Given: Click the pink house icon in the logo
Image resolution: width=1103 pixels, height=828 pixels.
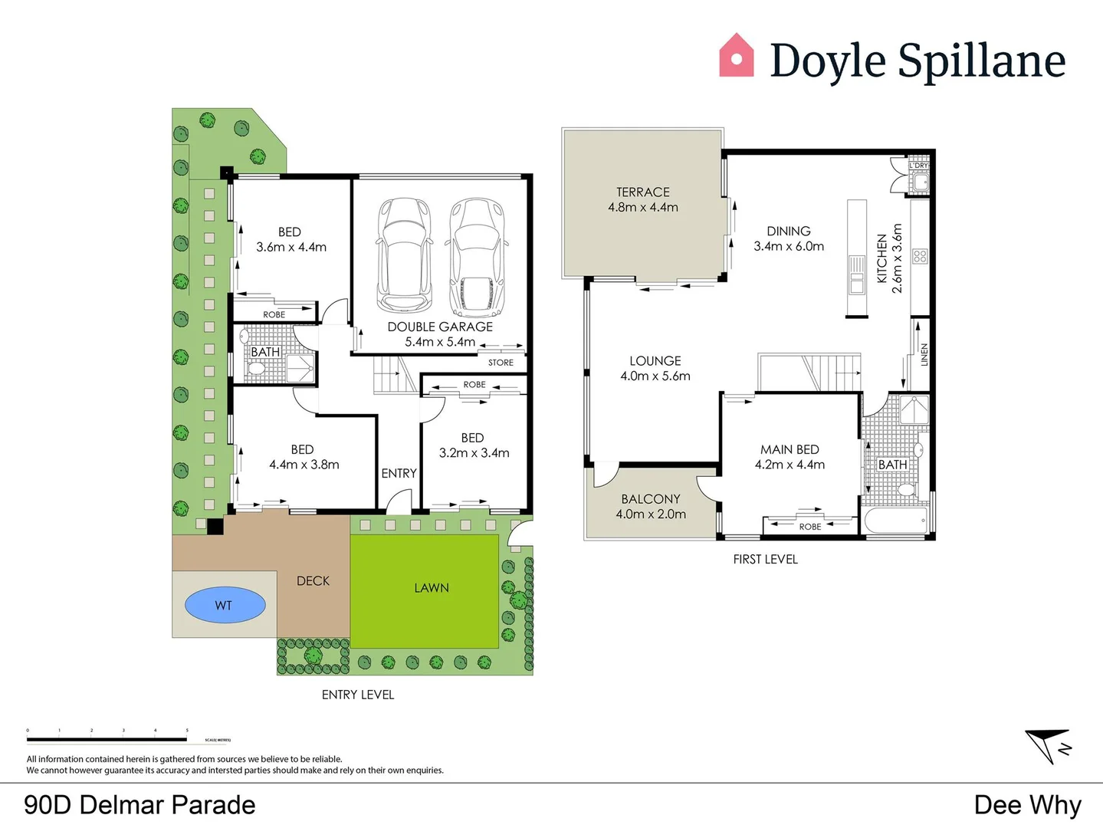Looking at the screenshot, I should click(736, 56).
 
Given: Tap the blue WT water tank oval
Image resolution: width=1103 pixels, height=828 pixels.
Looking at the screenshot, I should click(225, 605).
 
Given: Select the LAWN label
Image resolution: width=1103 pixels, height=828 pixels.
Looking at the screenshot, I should click(432, 588).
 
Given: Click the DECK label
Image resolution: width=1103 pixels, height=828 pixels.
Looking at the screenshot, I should click(313, 581).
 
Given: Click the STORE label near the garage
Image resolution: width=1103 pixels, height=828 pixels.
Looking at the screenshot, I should click(501, 363).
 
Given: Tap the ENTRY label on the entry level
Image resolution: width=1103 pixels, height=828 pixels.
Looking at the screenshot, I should click(399, 474).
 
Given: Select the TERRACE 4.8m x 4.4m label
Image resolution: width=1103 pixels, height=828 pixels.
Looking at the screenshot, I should click(642, 199).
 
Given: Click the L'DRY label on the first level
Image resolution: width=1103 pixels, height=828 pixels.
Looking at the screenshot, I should click(918, 166).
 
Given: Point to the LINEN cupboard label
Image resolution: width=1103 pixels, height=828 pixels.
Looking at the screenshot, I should click(924, 354).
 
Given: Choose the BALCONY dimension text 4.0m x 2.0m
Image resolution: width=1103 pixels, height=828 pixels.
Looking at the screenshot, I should click(651, 514).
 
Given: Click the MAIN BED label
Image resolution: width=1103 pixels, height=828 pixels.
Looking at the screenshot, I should click(789, 450).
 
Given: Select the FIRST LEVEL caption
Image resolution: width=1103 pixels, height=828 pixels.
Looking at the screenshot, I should click(765, 560).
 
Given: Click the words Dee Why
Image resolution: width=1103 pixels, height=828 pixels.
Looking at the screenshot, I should click(1027, 805).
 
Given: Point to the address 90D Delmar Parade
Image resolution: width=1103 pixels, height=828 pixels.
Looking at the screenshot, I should click(140, 805).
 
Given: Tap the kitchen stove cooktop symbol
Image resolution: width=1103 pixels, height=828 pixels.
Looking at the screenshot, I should click(920, 256).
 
